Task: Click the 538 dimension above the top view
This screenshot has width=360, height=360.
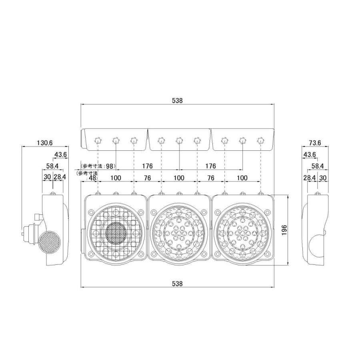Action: (178, 101)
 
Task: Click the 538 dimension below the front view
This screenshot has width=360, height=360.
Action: (178, 284)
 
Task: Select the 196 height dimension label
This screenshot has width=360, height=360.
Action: (284, 230)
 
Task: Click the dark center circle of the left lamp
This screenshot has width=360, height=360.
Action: (116, 232)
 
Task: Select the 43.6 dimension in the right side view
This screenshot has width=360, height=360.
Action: (310, 154)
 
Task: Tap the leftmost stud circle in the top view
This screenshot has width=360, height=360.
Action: (98, 140)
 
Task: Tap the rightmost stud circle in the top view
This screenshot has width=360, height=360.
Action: (261, 140)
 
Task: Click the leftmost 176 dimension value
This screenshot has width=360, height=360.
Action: (147, 166)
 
